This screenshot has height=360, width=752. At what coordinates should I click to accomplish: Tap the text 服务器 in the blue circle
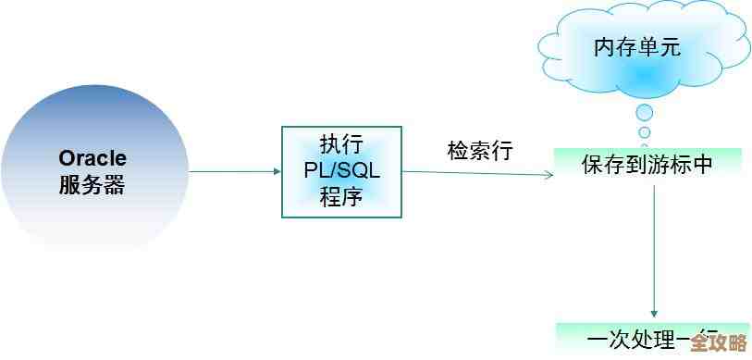pyautogui.click(x=92, y=184)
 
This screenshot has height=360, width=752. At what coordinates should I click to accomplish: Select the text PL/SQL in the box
pyautogui.click(x=341, y=171)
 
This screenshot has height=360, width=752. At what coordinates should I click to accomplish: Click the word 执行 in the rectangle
pyautogui.click(x=341, y=145)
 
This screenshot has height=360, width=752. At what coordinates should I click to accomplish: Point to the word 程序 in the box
pyautogui.click(x=341, y=197)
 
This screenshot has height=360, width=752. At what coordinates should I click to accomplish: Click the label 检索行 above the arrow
pyautogui.click(x=479, y=151)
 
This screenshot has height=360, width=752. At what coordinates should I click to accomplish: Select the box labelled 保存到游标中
pyautogui.click(x=647, y=165)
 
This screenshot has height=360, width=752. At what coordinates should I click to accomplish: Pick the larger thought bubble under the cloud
pyautogui.click(x=645, y=113)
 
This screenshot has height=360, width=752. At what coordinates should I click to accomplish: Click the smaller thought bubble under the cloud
pyautogui.click(x=645, y=131)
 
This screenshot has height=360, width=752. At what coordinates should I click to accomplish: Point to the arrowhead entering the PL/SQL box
pyautogui.click(x=277, y=171)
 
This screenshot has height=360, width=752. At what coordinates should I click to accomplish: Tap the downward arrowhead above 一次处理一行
pyautogui.click(x=654, y=313)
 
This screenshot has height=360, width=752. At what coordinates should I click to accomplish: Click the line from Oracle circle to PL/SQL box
pyautogui.click(x=231, y=171)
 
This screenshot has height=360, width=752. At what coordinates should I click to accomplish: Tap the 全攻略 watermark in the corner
pyautogui.click(x=718, y=341)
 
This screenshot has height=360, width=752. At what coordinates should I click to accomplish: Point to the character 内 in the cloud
pyautogui.click(x=604, y=47)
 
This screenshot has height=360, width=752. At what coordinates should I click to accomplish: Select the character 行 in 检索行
pyautogui.click(x=501, y=151)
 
